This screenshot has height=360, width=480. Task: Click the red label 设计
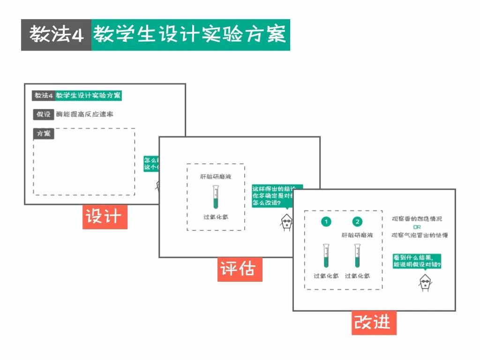(x=105, y=217)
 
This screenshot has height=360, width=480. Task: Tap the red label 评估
(x=239, y=270)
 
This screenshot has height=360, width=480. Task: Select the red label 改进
(x=374, y=322)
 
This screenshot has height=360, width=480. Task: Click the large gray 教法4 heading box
(x=56, y=35)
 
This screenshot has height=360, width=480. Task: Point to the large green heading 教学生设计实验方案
(x=190, y=35)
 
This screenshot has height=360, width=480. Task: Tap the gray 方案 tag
(x=43, y=134)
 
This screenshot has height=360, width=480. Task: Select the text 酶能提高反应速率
(x=84, y=114)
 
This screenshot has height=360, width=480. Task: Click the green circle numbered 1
(x=326, y=222)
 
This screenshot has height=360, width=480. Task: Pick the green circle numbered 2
(x=358, y=222)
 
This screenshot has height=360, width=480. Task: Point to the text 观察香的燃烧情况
(x=417, y=219)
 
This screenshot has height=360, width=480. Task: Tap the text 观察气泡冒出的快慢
(x=420, y=235)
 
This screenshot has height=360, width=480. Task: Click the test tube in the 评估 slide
(x=216, y=197)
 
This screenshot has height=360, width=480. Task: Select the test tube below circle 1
(x=326, y=255)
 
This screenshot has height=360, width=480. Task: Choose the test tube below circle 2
(x=358, y=255)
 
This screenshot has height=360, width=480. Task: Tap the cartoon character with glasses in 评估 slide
(x=285, y=222)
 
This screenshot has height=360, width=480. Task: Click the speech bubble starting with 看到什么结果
(x=417, y=261)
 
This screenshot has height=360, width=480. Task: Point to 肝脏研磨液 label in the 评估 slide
(x=216, y=177)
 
